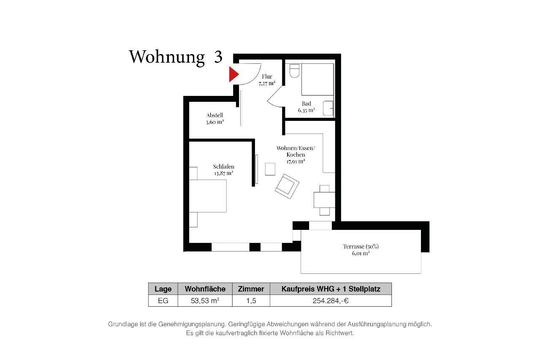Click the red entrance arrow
pos(233,74)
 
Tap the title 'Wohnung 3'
pos(175,57)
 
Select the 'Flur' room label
pos(267,76)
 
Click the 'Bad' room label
pos(307,104)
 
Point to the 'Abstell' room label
pos(214,115)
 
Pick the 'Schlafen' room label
pos(223,166)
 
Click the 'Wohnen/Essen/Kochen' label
pos(296,151)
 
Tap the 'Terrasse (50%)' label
pos(358,246)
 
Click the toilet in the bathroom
pos(295,70)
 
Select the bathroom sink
pos(328,108)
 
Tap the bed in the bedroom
pos(208,196)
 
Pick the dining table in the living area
pos(324,200)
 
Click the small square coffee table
pos(270,169)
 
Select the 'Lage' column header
pos(163,289)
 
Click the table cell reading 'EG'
pos(163,301)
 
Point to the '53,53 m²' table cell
pos(205,301)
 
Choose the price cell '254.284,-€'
pos(331,301)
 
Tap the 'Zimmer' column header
pos(251,289)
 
